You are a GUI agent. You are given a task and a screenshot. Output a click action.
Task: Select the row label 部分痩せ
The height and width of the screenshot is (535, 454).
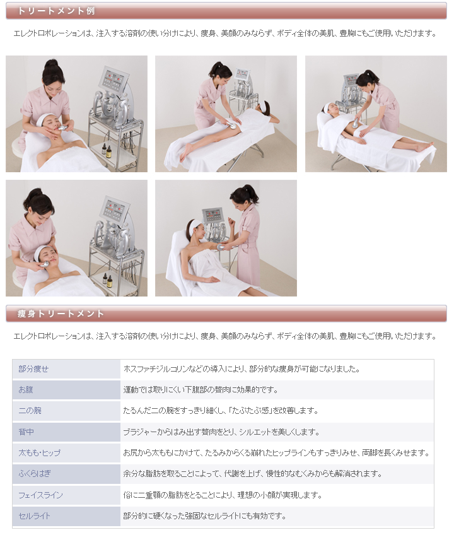33,369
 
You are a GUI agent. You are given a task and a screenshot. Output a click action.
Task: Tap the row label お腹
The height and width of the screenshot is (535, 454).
26,390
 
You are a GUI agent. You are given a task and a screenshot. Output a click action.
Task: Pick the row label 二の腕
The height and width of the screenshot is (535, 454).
30,411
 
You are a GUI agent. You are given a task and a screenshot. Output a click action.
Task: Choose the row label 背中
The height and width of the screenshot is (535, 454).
26,432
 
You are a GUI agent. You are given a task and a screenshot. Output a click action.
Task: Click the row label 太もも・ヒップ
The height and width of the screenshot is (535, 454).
39,453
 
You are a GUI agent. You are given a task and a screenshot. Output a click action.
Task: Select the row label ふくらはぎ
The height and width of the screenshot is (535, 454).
34,474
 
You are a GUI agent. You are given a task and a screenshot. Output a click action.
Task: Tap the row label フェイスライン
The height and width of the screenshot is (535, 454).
40,495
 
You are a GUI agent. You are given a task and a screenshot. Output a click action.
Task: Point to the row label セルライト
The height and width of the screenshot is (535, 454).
34,516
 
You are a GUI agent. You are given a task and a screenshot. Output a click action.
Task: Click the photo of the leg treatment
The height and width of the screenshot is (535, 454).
226,114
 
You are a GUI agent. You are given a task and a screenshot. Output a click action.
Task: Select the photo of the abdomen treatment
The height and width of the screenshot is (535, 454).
376,114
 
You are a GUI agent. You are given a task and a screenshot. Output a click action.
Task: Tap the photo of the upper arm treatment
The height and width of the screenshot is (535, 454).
226,238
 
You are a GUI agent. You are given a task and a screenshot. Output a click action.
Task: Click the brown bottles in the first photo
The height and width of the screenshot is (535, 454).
104,151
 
